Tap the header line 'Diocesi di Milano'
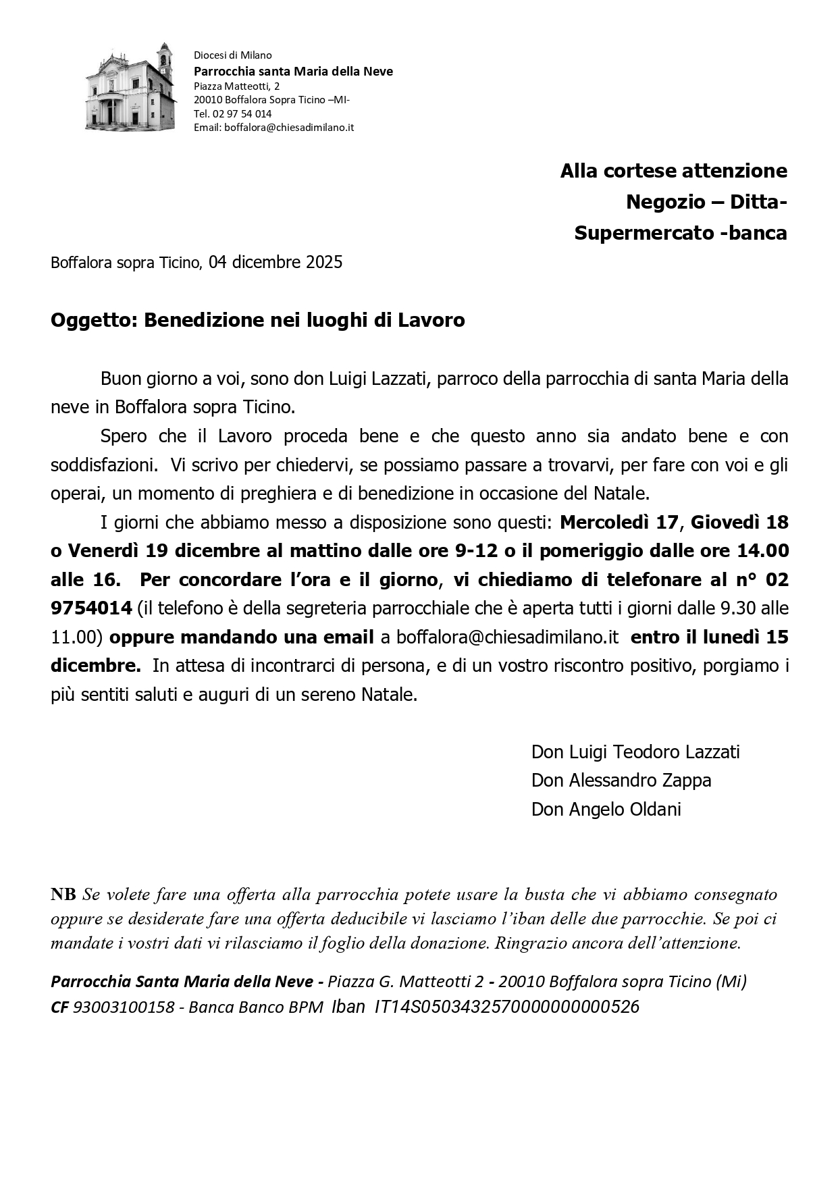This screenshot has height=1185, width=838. point(232,55)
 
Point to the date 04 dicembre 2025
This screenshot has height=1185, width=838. point(276,262)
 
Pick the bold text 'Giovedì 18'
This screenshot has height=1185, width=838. point(739,523)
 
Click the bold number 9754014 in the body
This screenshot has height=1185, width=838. point(91,608)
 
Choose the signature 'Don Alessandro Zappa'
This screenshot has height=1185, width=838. point(621,781)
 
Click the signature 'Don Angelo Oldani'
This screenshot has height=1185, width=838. point(606,809)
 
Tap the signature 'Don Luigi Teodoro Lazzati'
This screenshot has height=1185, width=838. point(635,752)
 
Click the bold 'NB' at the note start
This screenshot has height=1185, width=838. point(63,895)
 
